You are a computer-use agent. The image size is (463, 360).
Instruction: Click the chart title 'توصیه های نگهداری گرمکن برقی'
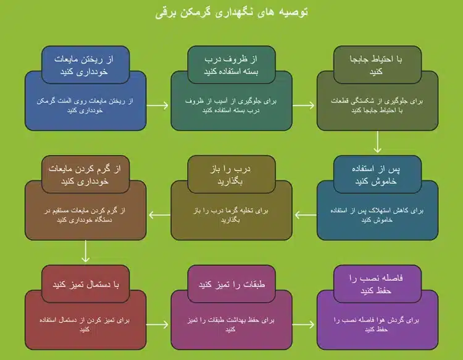click(x=231, y=13)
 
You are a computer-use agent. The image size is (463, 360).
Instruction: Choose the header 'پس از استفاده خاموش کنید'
click(x=377, y=175)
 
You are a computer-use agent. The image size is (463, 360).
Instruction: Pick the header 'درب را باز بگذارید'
click(x=231, y=175)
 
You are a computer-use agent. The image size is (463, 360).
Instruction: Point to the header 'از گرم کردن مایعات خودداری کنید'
click(x=86, y=175)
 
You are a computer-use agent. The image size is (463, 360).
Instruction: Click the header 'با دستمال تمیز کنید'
click(x=86, y=285)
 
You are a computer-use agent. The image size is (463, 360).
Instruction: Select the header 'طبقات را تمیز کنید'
click(x=231, y=285)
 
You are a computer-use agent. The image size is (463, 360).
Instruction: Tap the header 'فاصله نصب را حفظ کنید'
click(x=377, y=285)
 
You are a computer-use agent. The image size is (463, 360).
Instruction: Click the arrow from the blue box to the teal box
click(x=159, y=105)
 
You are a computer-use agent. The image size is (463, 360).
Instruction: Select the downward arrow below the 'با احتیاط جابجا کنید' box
click(x=378, y=144)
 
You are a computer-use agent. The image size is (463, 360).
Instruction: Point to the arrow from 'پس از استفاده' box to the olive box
click(x=305, y=215)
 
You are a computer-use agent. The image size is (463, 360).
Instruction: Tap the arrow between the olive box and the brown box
click(x=159, y=215)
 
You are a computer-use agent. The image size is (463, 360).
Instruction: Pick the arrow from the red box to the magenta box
click(x=159, y=325)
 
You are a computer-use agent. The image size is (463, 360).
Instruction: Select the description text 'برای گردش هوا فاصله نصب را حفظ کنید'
click(x=378, y=325)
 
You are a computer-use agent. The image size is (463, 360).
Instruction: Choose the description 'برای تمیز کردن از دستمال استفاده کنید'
click(x=86, y=325)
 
